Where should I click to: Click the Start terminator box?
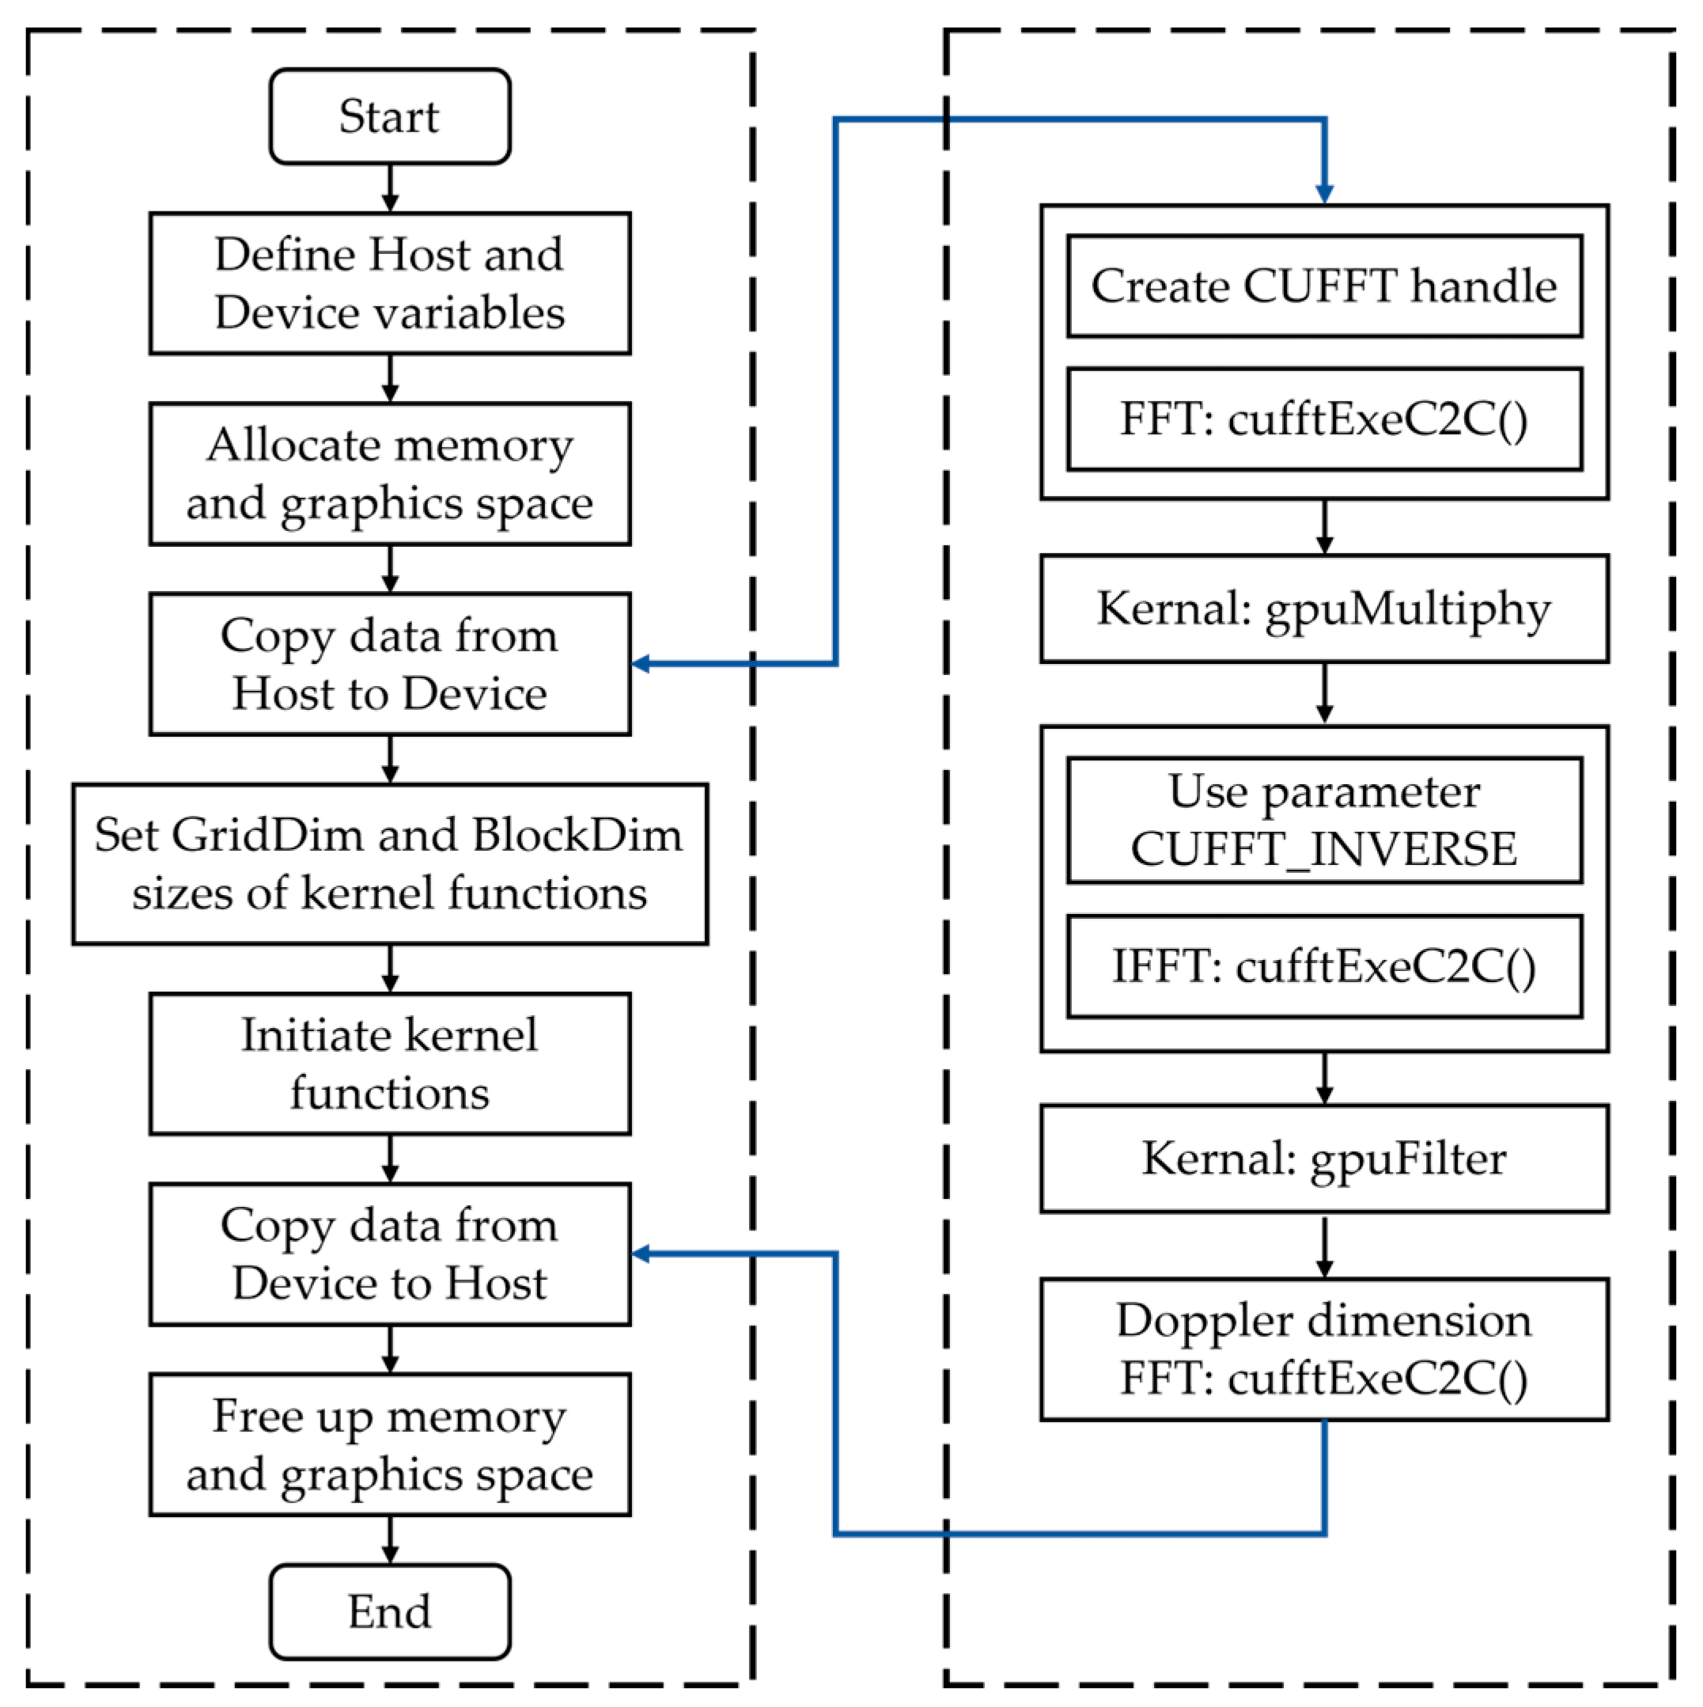tap(389, 116)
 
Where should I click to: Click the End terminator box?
tap(389, 1610)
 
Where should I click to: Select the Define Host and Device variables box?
tap(389, 283)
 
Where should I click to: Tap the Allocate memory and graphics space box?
tap(389, 473)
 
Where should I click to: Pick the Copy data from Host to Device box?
tap(389, 663)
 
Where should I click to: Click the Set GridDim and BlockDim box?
tap(389, 863)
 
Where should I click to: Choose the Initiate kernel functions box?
tap(389, 1063)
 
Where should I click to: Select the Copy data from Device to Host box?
tap(389, 1254)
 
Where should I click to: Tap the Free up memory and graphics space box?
tap(389, 1443)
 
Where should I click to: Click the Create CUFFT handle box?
tap(1323, 286)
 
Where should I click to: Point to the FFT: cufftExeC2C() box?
tap(1323, 419)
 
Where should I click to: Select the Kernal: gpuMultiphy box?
tap(1323, 609)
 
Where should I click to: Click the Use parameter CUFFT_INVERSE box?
tap(1323, 820)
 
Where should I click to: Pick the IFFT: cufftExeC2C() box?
tap(1323, 965)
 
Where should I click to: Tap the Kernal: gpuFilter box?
tap(1323, 1159)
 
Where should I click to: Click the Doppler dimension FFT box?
tap(1323, 1349)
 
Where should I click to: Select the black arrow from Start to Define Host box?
tap(389, 188)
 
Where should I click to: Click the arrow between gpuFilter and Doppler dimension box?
tap(1323, 1246)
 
